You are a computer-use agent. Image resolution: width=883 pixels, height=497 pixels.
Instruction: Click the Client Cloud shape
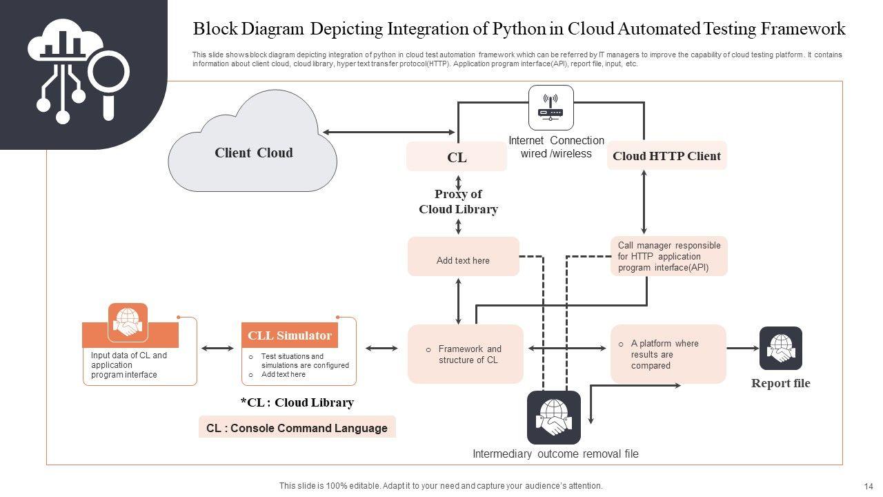[252, 153]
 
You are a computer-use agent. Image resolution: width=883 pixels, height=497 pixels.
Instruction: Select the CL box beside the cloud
[457, 157]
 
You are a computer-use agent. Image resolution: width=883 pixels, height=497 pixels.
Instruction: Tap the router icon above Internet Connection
[550, 108]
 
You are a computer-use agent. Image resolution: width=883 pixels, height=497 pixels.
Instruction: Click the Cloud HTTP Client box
[666, 156]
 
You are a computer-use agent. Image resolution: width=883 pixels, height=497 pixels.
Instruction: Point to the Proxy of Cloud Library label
[458, 202]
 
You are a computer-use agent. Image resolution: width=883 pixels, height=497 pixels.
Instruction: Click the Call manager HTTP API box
[668, 256]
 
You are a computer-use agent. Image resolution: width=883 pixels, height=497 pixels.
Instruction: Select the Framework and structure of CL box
[465, 354]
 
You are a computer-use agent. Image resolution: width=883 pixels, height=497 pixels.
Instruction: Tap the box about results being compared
[668, 354]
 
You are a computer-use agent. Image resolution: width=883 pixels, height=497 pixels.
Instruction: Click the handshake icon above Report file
[780, 348]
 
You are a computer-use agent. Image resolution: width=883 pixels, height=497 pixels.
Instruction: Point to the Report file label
[780, 383]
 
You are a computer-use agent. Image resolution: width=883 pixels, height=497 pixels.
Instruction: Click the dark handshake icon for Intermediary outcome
[554, 417]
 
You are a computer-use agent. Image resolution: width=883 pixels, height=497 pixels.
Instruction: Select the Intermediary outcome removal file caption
[555, 454]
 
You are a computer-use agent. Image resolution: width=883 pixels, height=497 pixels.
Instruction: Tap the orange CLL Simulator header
[290, 335]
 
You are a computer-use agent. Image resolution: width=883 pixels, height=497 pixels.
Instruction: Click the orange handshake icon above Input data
[128, 322]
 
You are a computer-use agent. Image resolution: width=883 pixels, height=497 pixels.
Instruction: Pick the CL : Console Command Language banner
[297, 428]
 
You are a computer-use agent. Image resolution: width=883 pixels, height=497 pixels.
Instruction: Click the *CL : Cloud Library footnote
[297, 402]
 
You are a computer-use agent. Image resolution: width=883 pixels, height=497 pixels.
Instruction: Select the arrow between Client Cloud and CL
[388, 132]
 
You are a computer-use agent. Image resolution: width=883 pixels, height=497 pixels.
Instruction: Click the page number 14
[868, 486]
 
